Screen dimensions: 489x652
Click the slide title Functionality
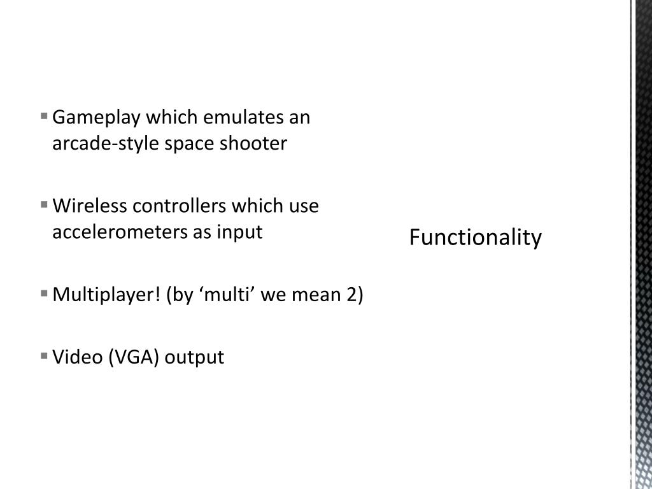[476, 238]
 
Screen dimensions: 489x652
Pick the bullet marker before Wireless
[44, 205]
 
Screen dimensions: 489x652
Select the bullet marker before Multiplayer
[44, 294]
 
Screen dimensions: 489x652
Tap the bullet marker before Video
[44, 356]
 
